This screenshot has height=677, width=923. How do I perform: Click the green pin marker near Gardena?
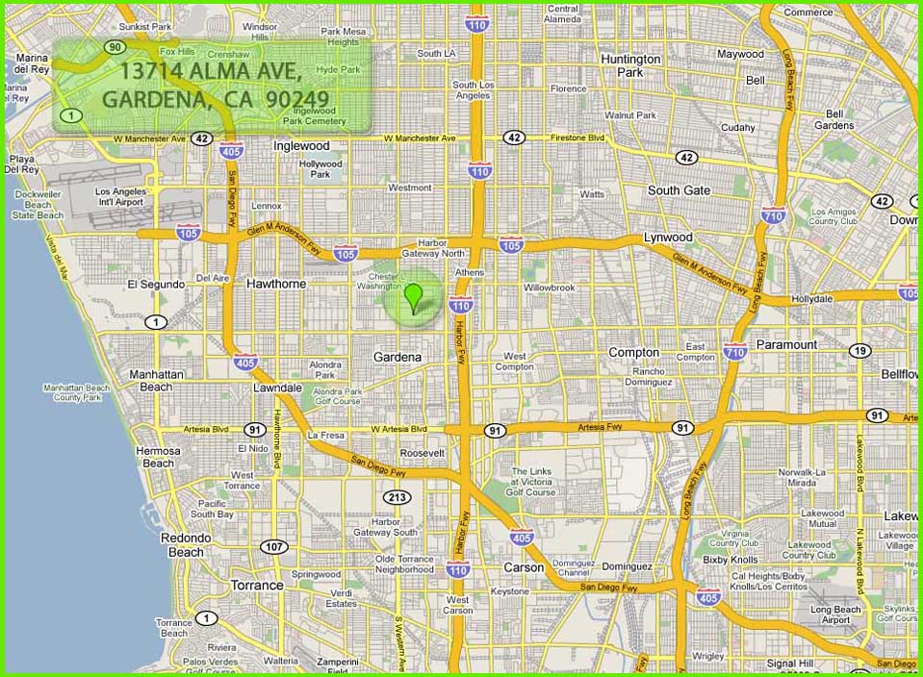414,298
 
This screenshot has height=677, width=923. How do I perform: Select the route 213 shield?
397,497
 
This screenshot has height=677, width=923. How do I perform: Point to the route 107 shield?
274,546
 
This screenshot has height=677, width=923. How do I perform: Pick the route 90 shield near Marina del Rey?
115,46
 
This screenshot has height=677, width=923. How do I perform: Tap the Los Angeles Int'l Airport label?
121,197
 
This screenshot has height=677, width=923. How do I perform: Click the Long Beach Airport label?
835,614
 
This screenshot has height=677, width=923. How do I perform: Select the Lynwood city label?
668,237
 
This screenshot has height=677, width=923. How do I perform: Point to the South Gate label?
679,190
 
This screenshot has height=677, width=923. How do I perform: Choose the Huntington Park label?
630,65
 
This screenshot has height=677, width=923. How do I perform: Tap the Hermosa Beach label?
158,457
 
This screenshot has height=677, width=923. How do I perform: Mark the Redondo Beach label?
186,544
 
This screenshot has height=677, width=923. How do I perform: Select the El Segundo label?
155,285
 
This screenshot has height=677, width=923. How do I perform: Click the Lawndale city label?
277,388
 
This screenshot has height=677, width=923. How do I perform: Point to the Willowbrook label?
549,288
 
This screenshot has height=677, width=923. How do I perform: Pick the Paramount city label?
786,344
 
